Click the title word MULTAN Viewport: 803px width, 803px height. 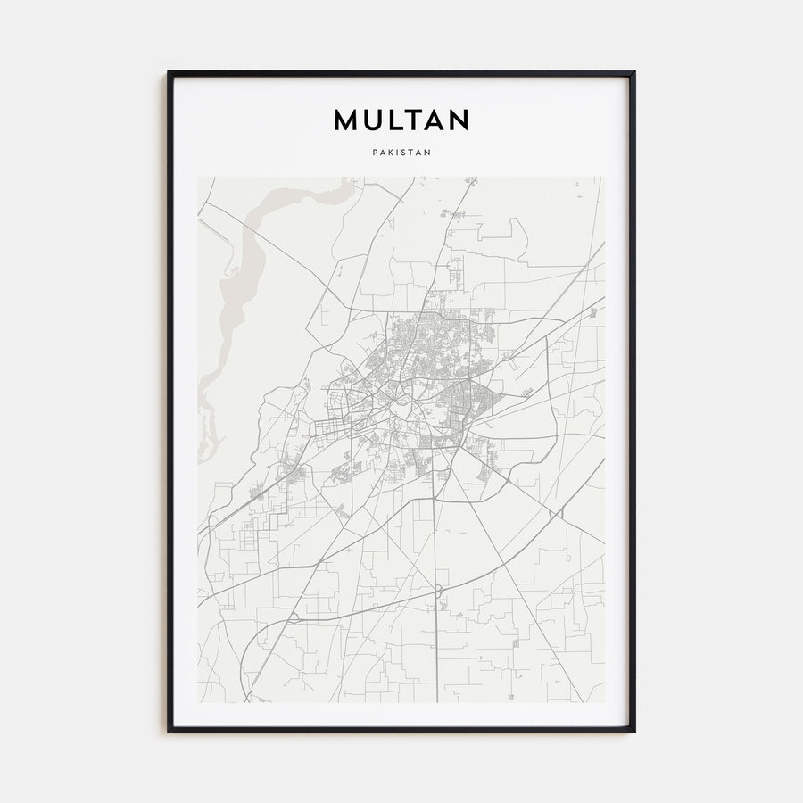point(401,120)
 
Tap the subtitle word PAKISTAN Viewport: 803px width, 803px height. point(401,153)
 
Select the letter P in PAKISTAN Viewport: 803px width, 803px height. point(375,153)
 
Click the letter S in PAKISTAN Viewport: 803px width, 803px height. point(405,153)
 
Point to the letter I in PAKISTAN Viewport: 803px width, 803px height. point(399,153)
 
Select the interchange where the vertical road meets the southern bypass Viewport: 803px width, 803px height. point(438,591)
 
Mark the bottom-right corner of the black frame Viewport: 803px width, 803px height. point(633,731)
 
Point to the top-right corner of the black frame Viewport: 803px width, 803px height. point(633,73)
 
